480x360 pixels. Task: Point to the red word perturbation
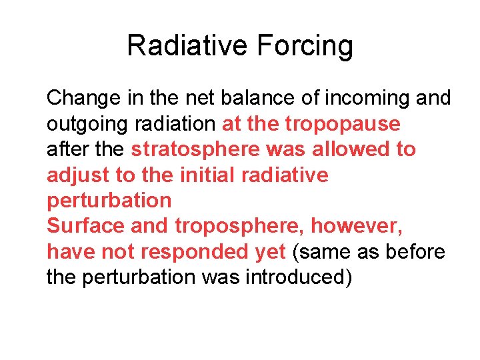pos(109,201)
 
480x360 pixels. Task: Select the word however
pos(357,226)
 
